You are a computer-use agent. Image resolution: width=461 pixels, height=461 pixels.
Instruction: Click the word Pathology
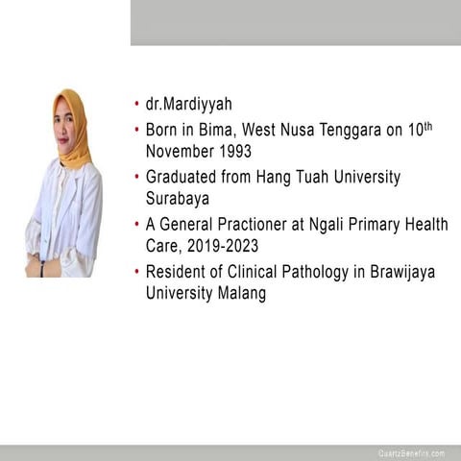pyautogui.click(x=306, y=272)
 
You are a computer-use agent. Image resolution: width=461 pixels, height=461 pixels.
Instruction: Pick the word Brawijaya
pyautogui.click(x=396, y=272)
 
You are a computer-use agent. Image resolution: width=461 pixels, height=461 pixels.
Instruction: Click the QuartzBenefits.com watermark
pyautogui.click(x=411, y=452)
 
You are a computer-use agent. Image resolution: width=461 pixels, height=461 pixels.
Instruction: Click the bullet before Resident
pyautogui.click(x=137, y=273)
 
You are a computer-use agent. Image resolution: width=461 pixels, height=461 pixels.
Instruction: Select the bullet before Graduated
pyautogui.click(x=137, y=179)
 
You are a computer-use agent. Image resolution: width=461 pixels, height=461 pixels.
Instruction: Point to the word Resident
pyautogui.click(x=176, y=272)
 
